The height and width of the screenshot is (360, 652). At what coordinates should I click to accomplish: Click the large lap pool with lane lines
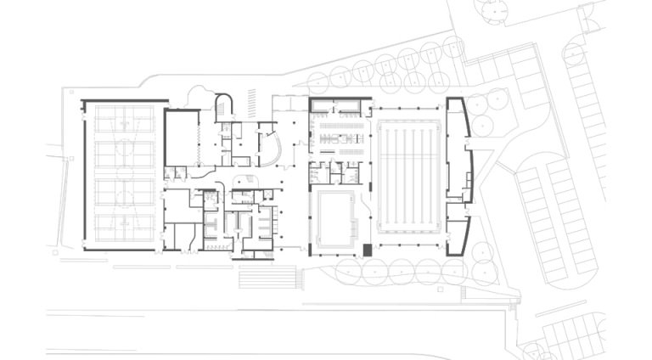(x=410, y=176)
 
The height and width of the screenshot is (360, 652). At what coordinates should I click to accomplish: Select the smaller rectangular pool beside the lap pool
(x=334, y=218)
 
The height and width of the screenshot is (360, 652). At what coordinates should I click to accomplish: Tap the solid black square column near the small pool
(x=367, y=250)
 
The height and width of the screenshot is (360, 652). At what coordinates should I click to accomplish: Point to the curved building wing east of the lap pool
(x=458, y=174)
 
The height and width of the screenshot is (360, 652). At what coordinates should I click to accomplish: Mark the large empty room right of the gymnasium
(x=180, y=137)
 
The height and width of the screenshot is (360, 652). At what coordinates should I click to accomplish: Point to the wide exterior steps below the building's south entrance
(x=267, y=277)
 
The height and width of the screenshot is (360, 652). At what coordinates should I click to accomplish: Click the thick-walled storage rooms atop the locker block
(x=340, y=106)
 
